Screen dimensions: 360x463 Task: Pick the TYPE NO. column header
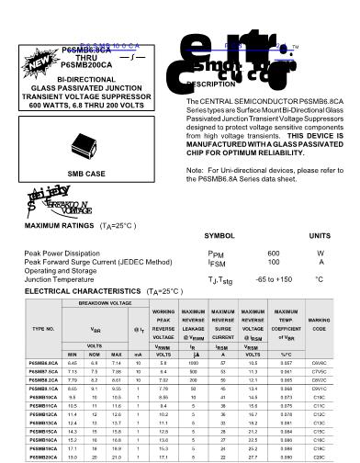click(x=43, y=327)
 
